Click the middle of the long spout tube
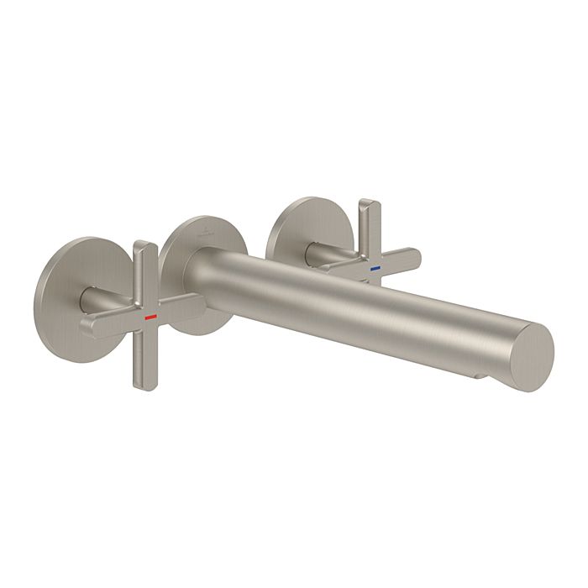coord(361,311)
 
